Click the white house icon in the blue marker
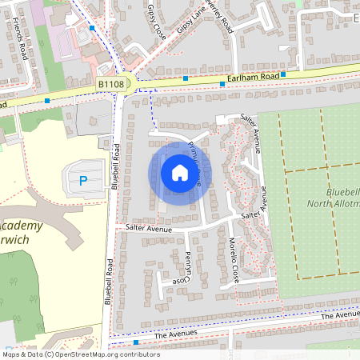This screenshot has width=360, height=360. [180, 172]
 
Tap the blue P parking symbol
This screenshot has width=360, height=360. [83, 181]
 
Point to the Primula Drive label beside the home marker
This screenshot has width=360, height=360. [194, 164]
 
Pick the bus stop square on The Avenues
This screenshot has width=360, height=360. [136, 342]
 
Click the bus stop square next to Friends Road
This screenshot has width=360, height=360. [47, 101]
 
